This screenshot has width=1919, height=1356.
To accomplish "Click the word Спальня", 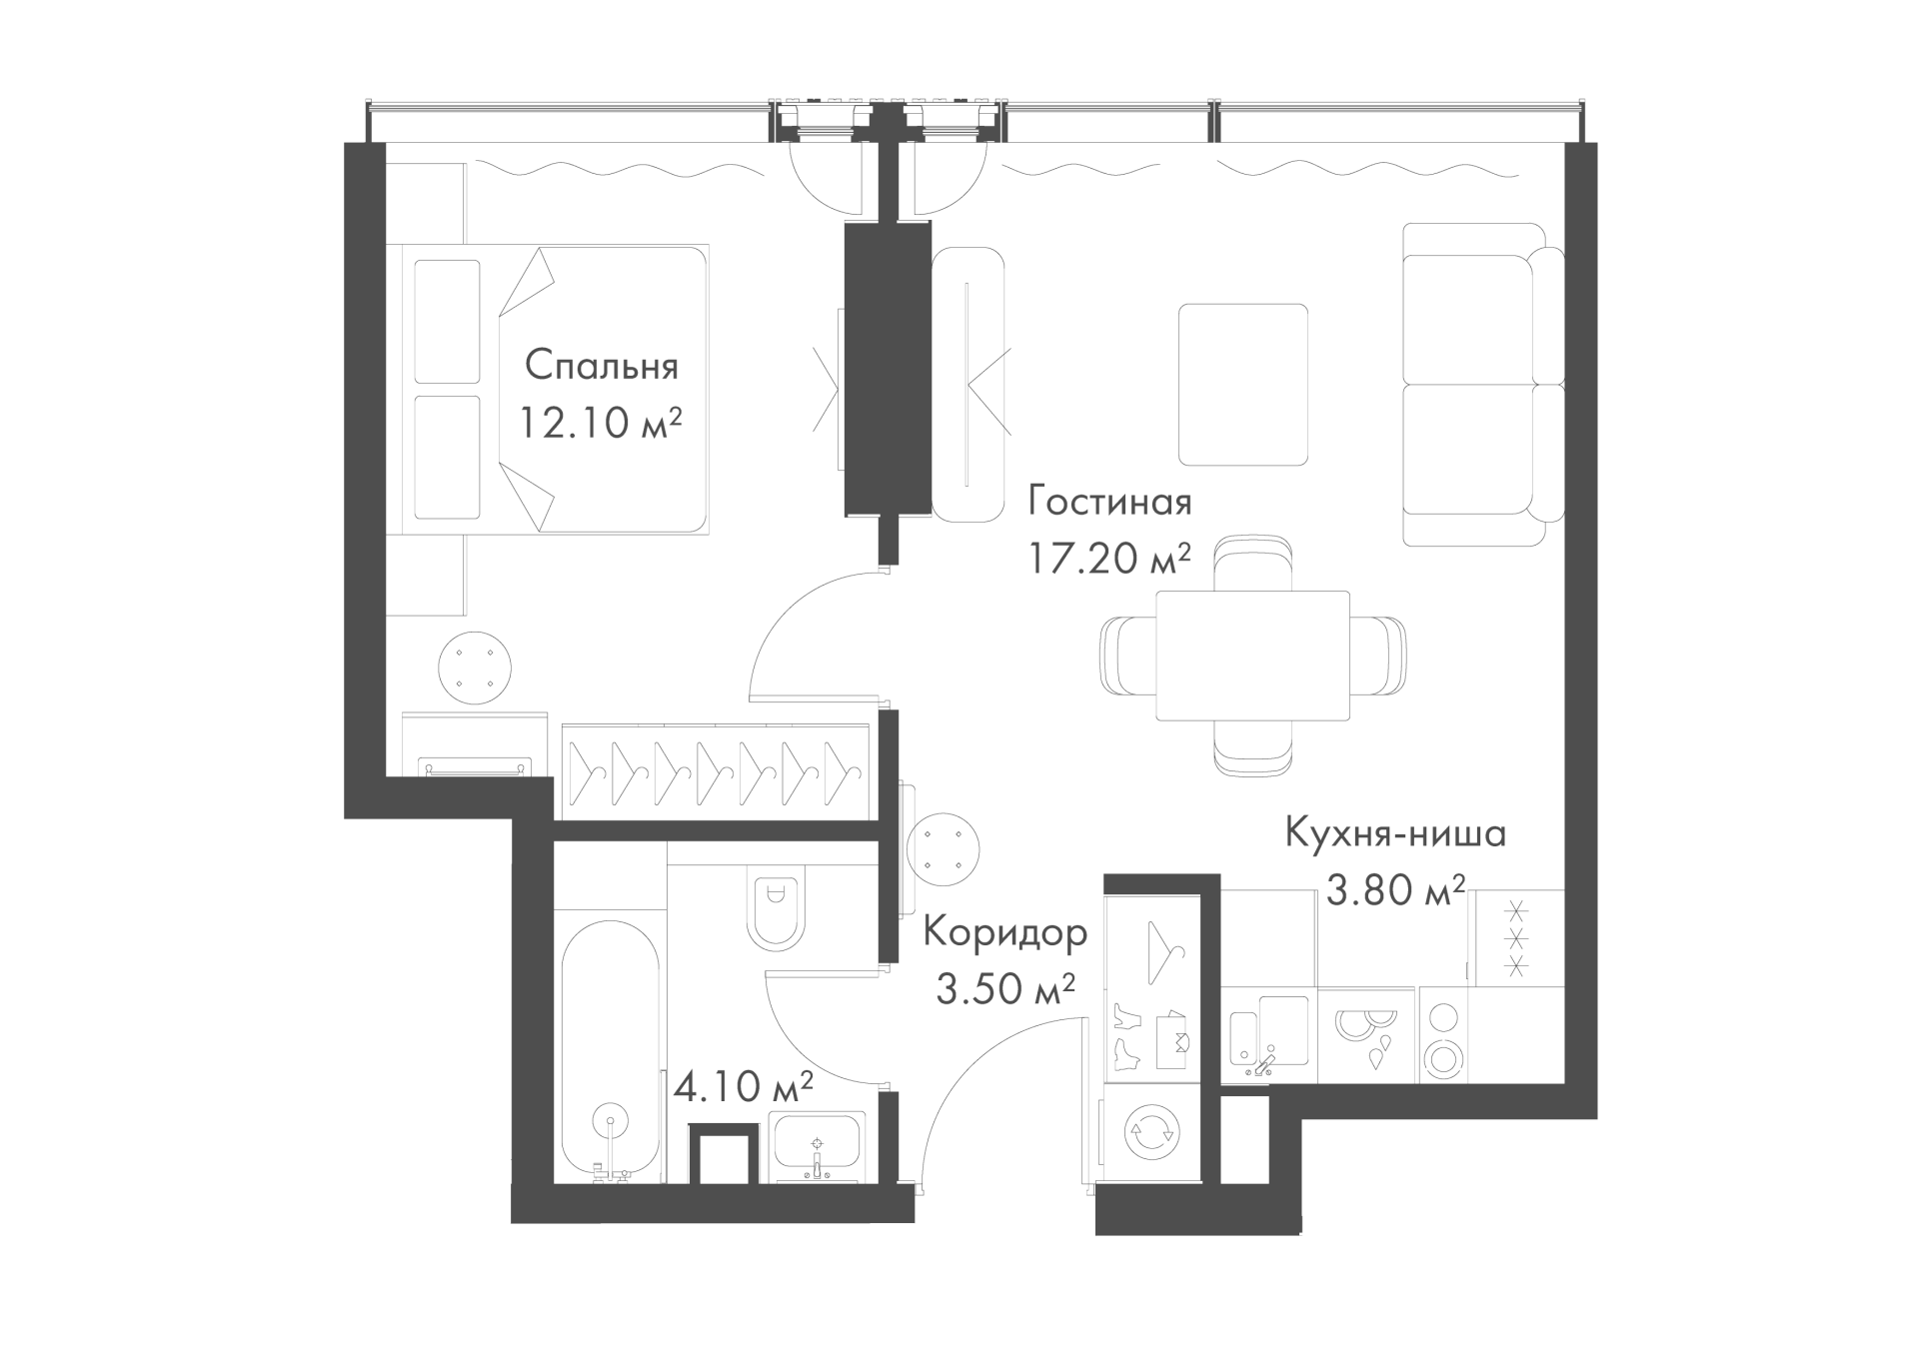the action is pyautogui.click(x=602, y=366).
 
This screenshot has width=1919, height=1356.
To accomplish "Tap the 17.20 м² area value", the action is pyautogui.click(x=1109, y=558).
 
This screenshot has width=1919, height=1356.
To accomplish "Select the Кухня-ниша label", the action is pyautogui.click(x=1395, y=832).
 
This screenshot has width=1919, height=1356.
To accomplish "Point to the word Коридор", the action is pyautogui.click(x=1005, y=933).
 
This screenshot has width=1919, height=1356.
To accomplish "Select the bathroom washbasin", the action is pyautogui.click(x=818, y=1147).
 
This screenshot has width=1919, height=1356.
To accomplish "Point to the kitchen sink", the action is pyautogui.click(x=1267, y=1035).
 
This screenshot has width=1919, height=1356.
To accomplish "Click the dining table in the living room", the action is pyautogui.click(x=1252, y=655).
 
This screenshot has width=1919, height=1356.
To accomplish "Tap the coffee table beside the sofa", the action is pyautogui.click(x=1243, y=385).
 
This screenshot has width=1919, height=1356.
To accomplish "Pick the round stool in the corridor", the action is pyautogui.click(x=943, y=848).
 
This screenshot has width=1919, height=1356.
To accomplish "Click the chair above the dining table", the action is pyautogui.click(x=1253, y=565).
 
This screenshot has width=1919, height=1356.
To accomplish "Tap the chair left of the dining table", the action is pyautogui.click(x=1127, y=655).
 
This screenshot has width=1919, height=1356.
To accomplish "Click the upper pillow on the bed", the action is pyautogui.click(x=447, y=321).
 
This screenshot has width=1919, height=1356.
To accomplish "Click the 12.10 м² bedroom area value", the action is pyautogui.click(x=601, y=423).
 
